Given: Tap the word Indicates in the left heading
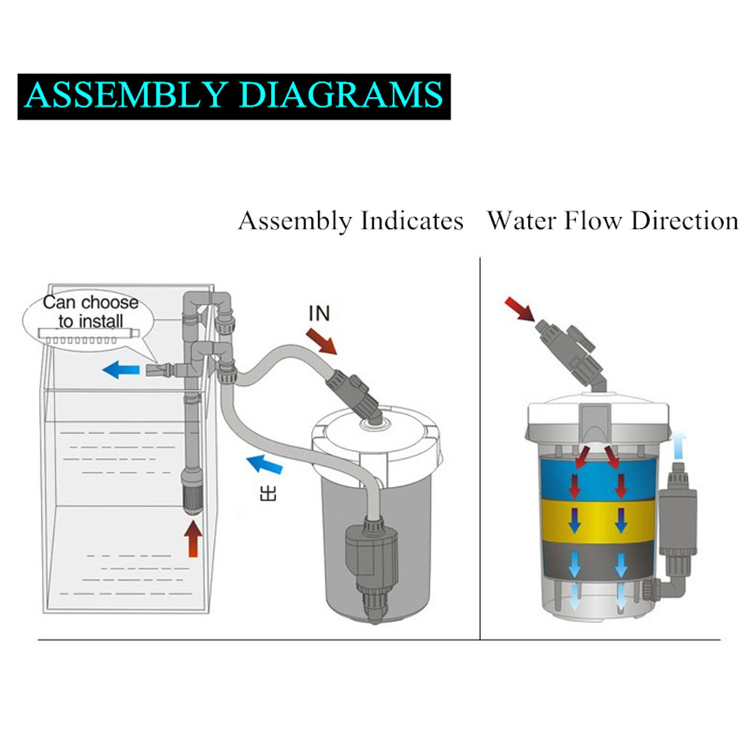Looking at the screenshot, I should pyautogui.click(x=412, y=221).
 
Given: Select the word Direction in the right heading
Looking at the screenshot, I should pyautogui.click(x=684, y=221).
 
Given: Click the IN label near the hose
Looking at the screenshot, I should pyautogui.click(x=319, y=313).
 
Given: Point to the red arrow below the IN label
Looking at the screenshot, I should pyautogui.click(x=322, y=341).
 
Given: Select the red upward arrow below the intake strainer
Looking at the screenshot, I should pyautogui.click(x=194, y=539).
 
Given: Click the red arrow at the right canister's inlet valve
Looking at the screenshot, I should pyautogui.click(x=519, y=309).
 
